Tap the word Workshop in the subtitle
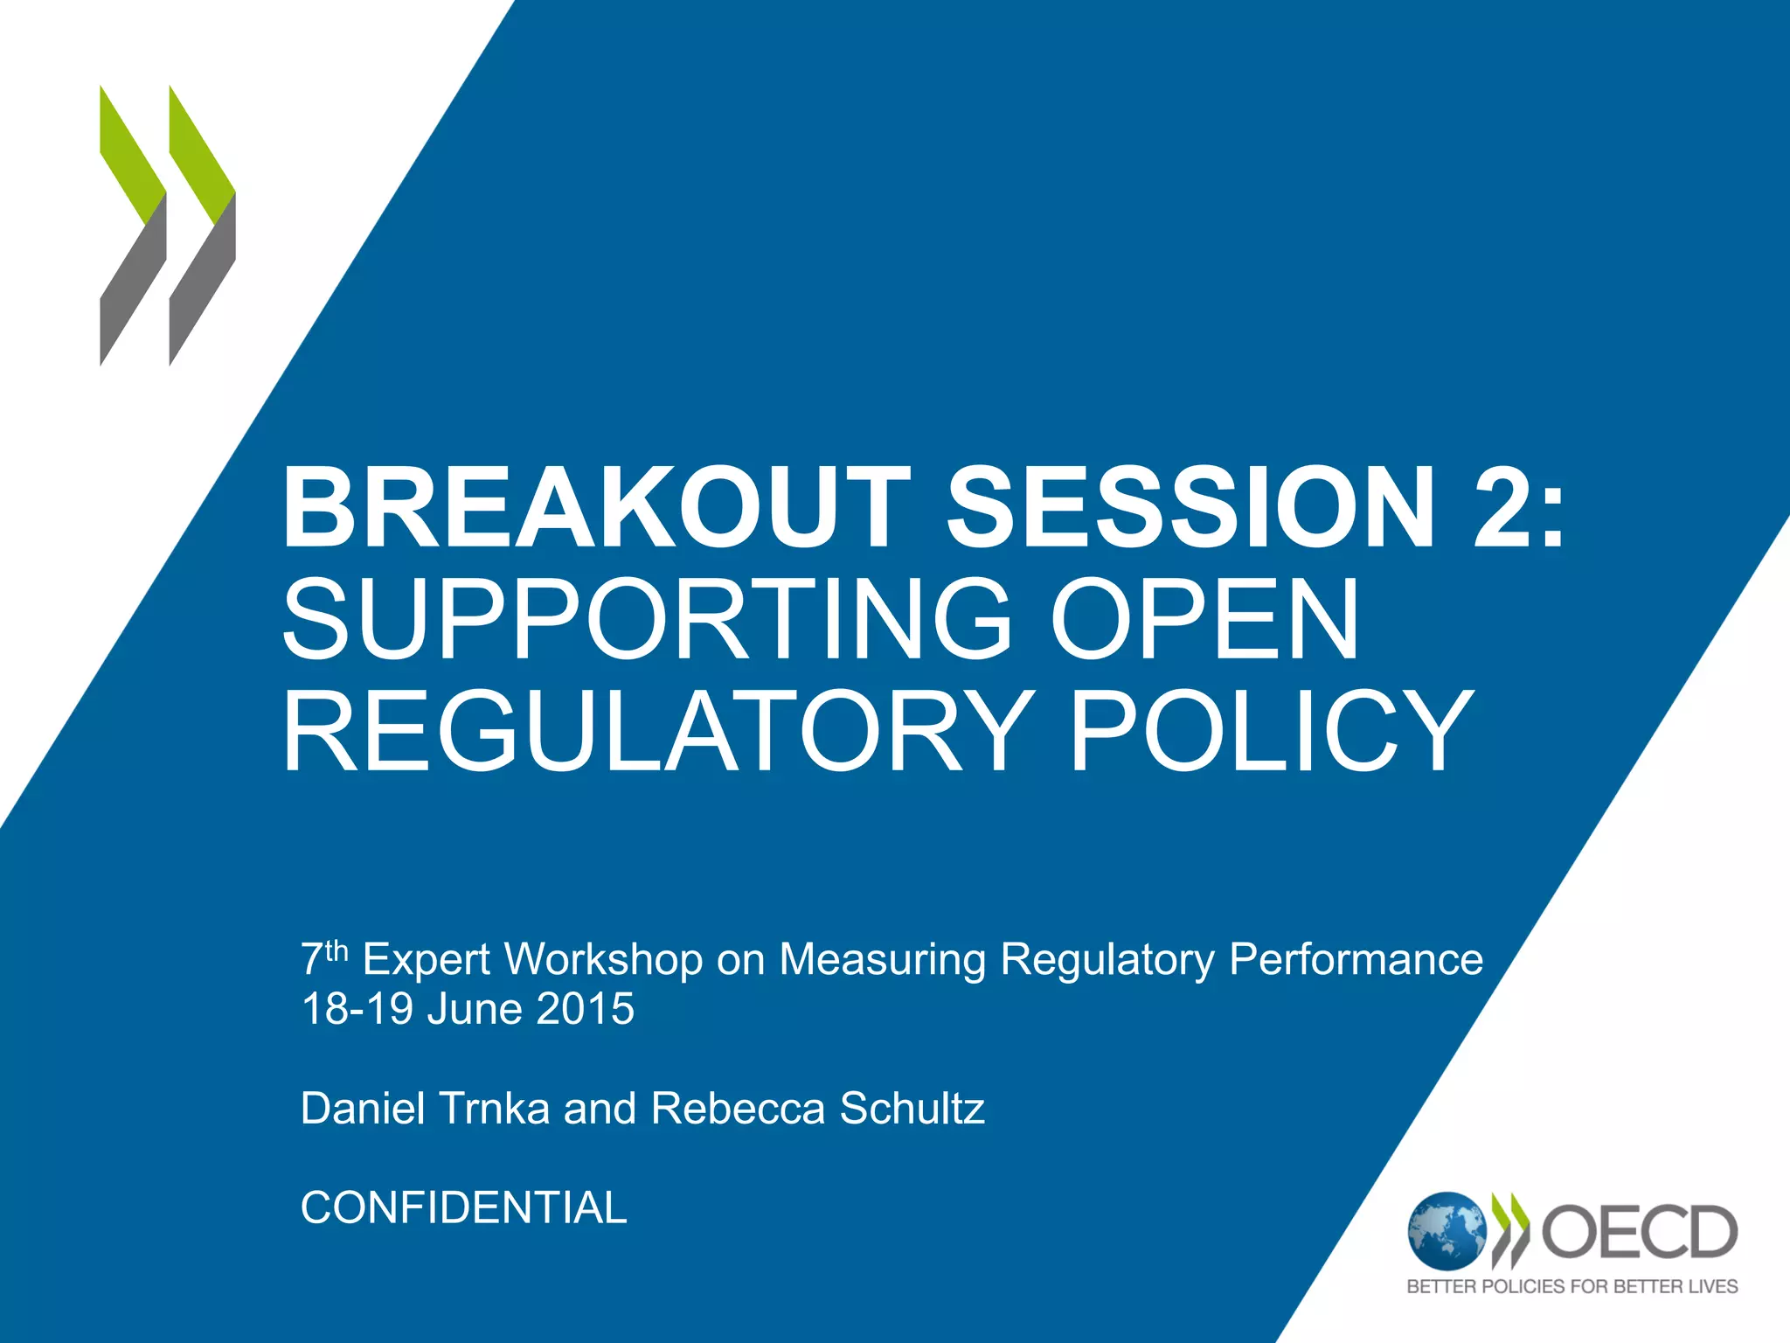603,959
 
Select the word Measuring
883,959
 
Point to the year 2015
586,1009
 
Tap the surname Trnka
495,1109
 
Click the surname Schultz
912,1109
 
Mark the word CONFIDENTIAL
464,1208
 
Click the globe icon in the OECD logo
1447,1231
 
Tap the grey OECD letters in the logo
1640,1231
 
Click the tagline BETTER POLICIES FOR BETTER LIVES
1572,1286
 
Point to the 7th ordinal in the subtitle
324,957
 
